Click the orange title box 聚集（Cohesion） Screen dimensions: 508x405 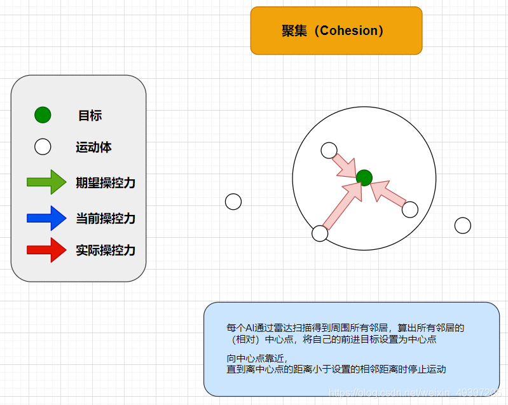click(x=336, y=31)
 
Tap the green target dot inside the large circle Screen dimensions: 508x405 click(x=364, y=177)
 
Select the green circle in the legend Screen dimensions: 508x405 click(x=43, y=115)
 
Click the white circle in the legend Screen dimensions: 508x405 click(x=43, y=147)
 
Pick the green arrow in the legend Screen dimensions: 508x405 click(x=46, y=182)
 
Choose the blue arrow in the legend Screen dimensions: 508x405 click(x=46, y=218)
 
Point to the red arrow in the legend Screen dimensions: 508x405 click(x=46, y=250)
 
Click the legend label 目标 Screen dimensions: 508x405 click(x=90, y=116)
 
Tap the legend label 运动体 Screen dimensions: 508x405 click(x=93, y=148)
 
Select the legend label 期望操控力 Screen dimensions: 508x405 click(x=106, y=183)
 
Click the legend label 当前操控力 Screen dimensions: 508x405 click(x=106, y=219)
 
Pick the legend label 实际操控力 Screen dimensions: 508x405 click(x=106, y=251)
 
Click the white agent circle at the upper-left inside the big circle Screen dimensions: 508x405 click(x=329, y=150)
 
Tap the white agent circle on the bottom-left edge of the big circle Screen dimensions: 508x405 click(x=320, y=233)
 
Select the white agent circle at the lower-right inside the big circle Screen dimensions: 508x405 click(x=410, y=209)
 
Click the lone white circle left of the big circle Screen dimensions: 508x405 click(x=233, y=202)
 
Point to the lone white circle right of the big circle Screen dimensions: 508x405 click(x=463, y=225)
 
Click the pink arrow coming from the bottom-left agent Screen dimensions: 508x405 click(x=342, y=204)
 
